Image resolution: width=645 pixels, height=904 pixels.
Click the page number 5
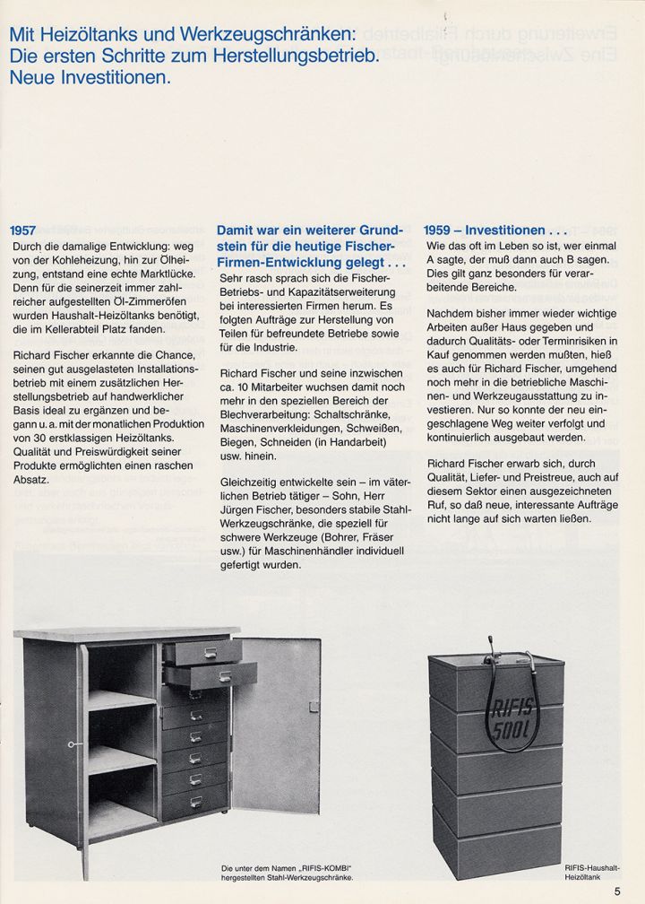pyautogui.click(x=617, y=890)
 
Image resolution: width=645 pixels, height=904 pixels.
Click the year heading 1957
pyautogui.click(x=22, y=230)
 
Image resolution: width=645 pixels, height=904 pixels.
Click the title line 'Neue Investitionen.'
pyautogui.click(x=90, y=77)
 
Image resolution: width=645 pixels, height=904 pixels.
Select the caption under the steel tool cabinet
pyautogui.click(x=284, y=873)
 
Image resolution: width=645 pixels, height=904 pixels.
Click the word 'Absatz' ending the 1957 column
pyautogui.click(x=31, y=481)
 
